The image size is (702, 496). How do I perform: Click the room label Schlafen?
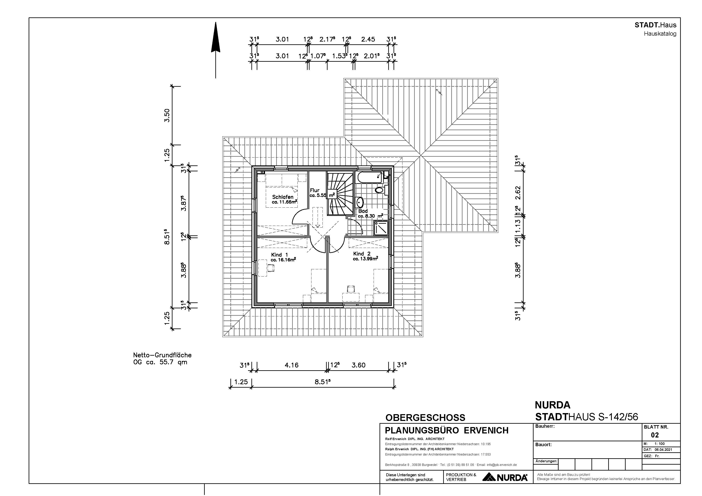tap(283, 197)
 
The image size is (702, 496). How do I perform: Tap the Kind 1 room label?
tap(279, 254)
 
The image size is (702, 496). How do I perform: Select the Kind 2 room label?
tap(362, 254)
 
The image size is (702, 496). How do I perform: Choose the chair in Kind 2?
tap(351, 288)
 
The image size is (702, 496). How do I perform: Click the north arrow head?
tap(216, 37)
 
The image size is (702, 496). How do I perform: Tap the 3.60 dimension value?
tap(358, 365)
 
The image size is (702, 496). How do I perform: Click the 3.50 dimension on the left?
tap(167, 116)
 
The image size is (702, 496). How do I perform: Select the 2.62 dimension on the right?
tap(518, 193)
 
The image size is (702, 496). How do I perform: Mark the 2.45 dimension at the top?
tap(368, 39)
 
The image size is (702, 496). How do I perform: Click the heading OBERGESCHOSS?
tap(425, 418)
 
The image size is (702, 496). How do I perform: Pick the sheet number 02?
tap(655, 435)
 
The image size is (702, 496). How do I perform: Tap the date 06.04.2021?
tap(663, 450)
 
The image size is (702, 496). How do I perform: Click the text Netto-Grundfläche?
tap(162, 355)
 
